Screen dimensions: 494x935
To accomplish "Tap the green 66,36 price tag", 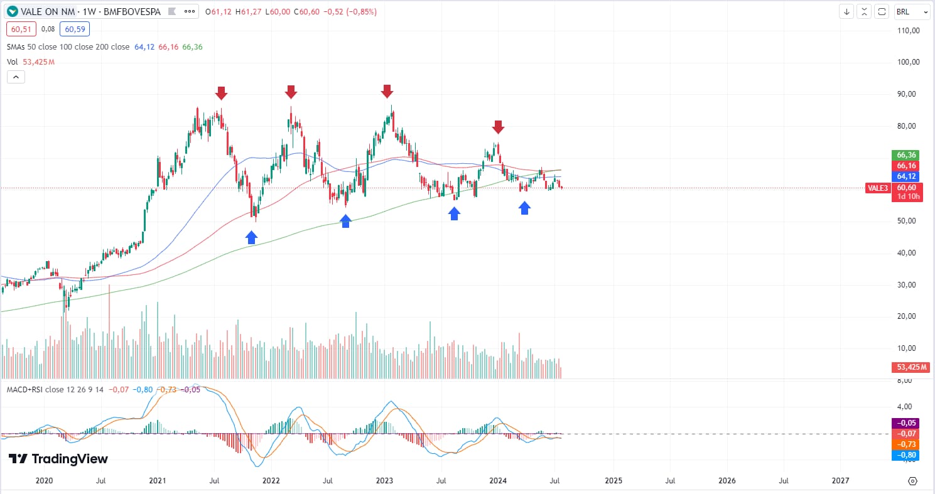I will [904, 155].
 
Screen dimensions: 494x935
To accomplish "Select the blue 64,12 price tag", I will [904, 176].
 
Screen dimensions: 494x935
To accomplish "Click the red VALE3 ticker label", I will [877, 188].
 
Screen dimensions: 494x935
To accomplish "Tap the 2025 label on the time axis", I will [613, 481].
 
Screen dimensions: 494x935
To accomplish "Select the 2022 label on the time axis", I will [271, 481].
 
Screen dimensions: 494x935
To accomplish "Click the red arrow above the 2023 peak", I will [387, 92].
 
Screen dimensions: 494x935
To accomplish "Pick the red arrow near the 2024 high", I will [498, 127].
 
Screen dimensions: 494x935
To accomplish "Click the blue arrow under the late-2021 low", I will [251, 237].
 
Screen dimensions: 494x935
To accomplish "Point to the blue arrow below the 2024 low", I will [524, 208].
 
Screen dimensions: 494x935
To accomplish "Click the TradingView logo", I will [58, 459].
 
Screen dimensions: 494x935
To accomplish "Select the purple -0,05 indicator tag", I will [904, 423].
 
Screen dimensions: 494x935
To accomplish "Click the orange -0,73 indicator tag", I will [904, 444].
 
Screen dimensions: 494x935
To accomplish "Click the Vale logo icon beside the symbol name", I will [13, 11].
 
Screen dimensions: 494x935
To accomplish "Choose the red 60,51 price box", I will [21, 28].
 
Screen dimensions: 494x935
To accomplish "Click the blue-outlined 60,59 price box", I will [75, 28].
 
